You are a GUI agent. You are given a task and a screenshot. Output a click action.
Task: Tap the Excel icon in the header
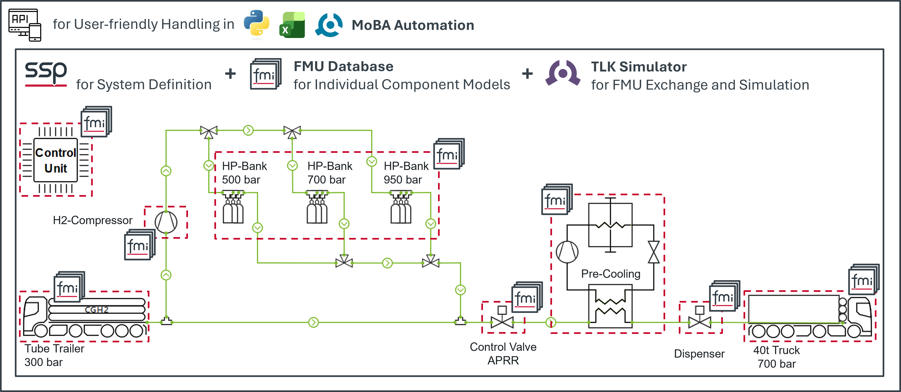[292, 25]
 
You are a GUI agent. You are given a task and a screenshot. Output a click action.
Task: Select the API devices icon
[25, 25]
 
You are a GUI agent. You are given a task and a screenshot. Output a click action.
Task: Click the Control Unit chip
[56, 160]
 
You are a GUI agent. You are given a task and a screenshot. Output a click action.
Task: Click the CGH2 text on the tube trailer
[96, 310]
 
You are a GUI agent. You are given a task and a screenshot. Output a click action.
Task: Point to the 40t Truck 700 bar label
[776, 357]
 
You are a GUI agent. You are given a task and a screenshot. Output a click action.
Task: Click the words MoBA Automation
[413, 25]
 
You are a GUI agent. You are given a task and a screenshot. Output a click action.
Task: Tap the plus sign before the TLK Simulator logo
[527, 74]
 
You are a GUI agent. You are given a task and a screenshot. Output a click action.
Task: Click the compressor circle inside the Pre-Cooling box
[567, 252]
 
